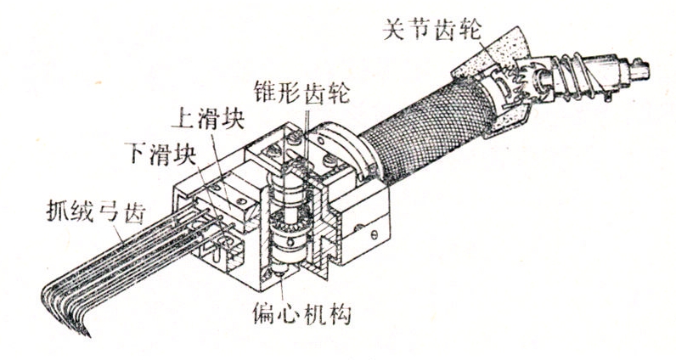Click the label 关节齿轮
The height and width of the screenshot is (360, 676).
[432, 31]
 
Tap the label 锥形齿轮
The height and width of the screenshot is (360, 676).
[301, 92]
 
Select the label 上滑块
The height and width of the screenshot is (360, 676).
[208, 119]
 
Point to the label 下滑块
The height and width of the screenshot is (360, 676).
[162, 152]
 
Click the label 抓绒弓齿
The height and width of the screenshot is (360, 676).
[96, 212]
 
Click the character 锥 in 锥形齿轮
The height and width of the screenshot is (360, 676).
[266, 92]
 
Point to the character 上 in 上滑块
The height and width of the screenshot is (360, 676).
[184, 119]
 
